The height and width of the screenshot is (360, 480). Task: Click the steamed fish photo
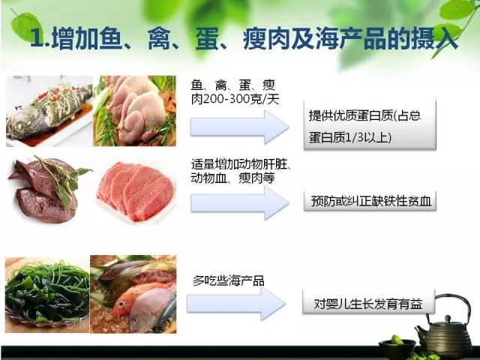pos(49,111)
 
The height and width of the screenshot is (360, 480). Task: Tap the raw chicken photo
pos(135,111)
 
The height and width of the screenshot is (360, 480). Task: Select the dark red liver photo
pos(49,189)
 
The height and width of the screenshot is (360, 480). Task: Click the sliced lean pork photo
pos(136,191)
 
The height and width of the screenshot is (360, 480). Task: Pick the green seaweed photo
pos(47,294)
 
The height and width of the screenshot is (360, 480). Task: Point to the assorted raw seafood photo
pos(133,294)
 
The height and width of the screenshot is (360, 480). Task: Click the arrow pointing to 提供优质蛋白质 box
pos(240,127)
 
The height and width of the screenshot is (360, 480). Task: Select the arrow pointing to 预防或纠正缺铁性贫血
pos(240,203)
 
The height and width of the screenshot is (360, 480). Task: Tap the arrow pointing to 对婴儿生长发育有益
pos(236,304)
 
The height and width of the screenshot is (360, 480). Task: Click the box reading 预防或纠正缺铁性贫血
pos(370,202)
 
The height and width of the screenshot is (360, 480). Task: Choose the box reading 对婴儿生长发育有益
pos(368,303)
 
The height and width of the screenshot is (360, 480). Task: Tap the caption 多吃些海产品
pos(229,280)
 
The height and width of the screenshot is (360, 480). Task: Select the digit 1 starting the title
pos(37,39)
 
